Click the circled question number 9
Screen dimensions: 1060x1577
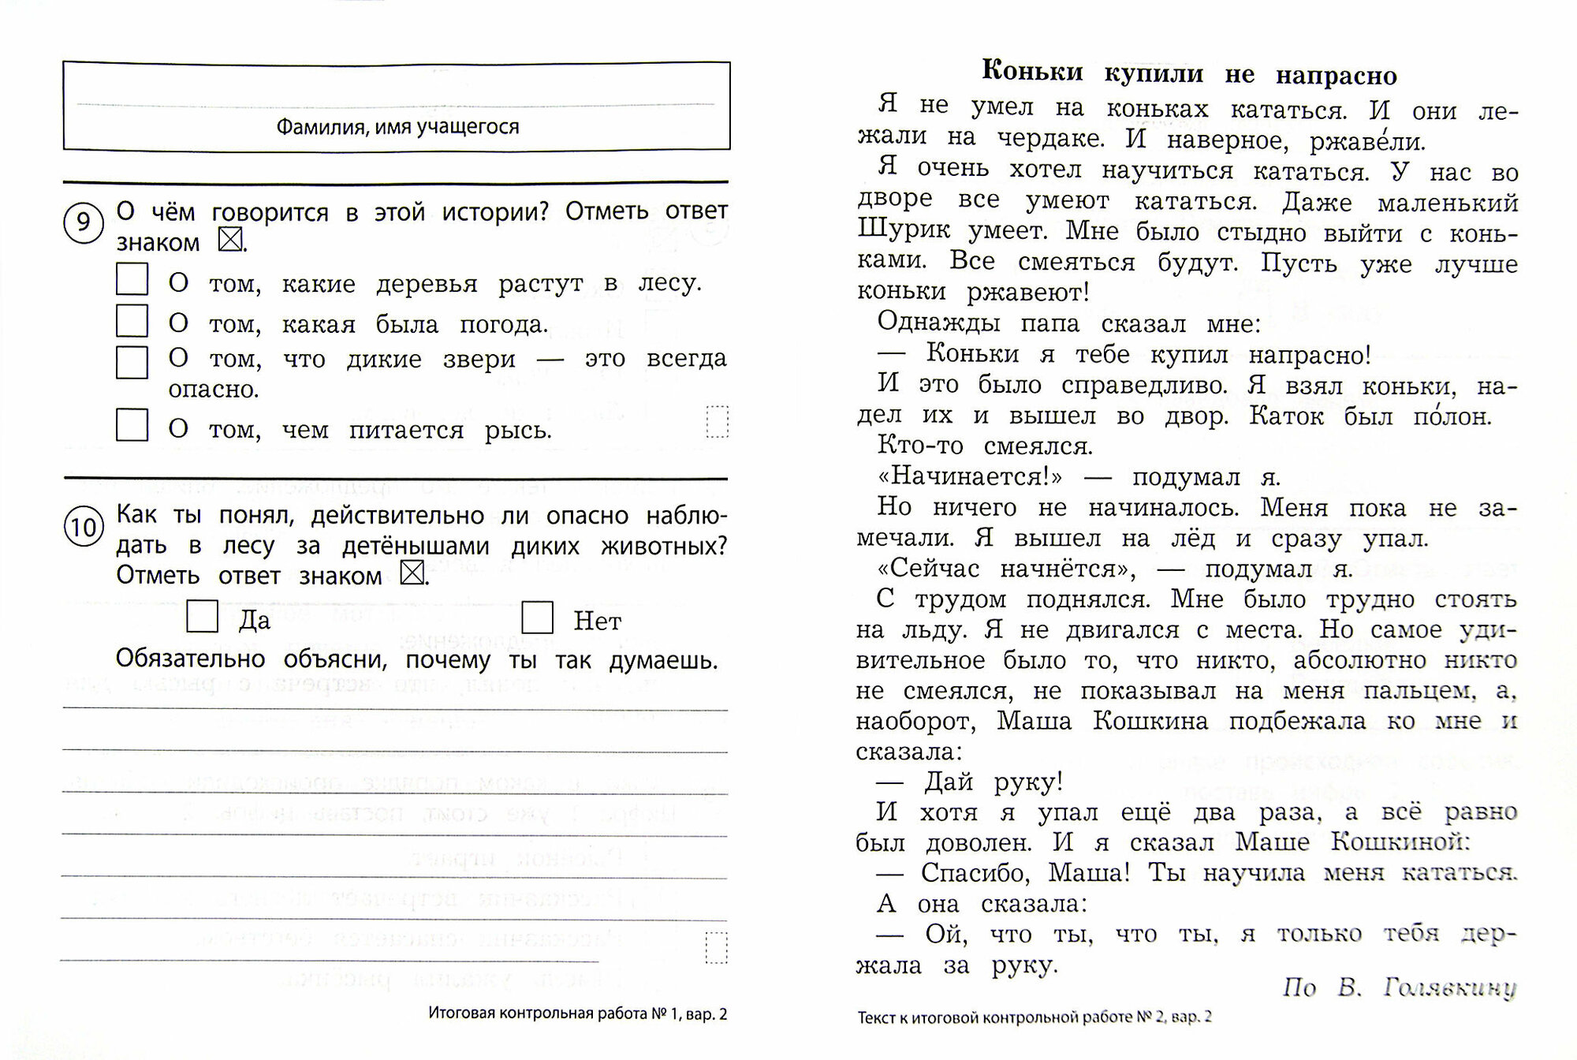coord(83,223)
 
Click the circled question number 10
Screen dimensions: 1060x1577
coord(84,527)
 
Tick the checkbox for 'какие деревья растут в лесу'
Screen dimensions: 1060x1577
coord(132,279)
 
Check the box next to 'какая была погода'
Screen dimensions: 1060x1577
coord(132,321)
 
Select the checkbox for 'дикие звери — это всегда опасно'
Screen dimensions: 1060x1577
coord(132,362)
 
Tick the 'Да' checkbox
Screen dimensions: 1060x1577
coord(202,616)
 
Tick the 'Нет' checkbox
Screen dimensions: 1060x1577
coord(537,617)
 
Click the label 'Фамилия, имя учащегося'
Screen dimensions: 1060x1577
coord(397,127)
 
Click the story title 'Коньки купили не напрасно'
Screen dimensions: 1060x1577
coord(1189,73)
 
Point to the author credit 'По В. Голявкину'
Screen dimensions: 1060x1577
coord(1399,987)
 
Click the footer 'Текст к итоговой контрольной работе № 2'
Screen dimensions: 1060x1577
coord(1034,1017)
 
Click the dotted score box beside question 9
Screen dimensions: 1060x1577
coord(717,421)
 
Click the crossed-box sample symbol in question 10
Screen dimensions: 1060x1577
coord(412,573)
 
